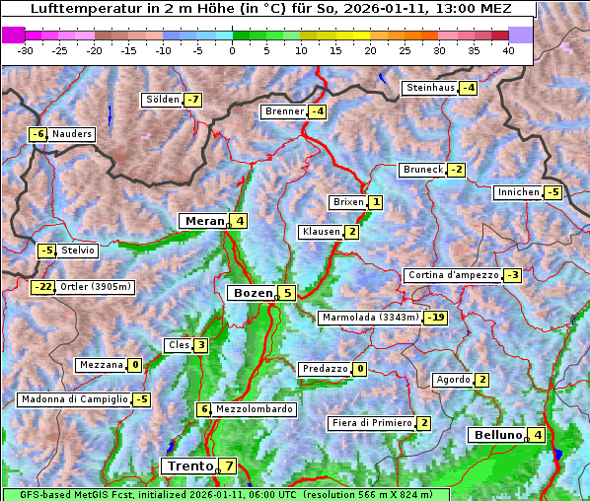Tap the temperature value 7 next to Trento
(229, 465)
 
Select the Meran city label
(203, 221)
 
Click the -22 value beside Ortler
(43, 287)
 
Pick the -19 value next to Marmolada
(437, 318)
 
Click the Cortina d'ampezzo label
(453, 275)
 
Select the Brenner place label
(284, 111)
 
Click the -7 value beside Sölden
(193, 100)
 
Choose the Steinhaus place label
(430, 88)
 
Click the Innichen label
(518, 192)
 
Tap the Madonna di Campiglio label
(74, 399)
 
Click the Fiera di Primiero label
(371, 423)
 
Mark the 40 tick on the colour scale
(508, 49)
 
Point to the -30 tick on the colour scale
(26, 49)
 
